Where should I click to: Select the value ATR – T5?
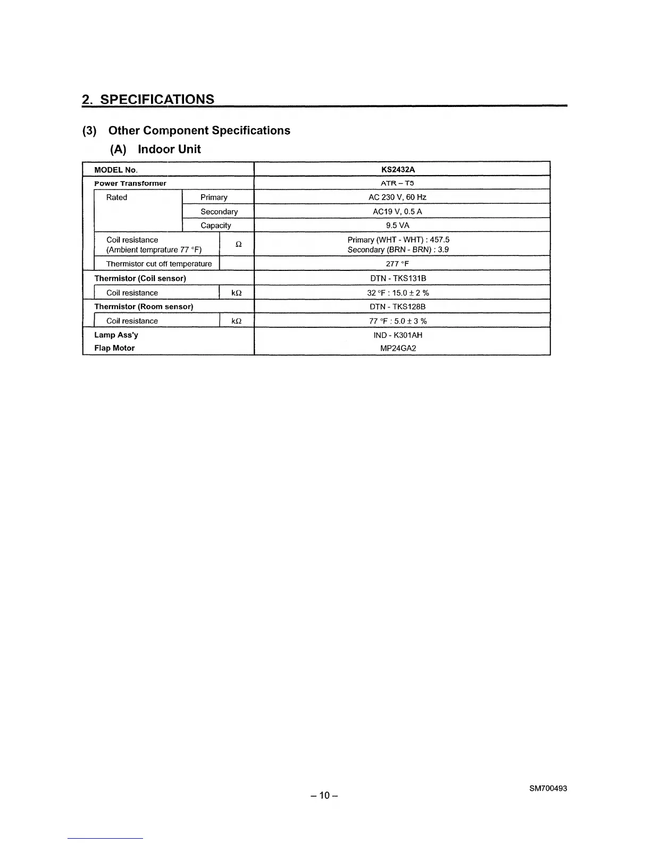(x=397, y=183)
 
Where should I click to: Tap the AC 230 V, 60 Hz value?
(x=397, y=197)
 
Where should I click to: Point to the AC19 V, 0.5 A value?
(x=397, y=211)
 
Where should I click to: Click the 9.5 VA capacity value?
(x=397, y=225)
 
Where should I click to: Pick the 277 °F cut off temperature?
(x=397, y=263)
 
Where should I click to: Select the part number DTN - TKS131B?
(x=398, y=278)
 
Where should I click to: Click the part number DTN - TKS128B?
(x=397, y=307)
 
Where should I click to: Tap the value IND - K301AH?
(x=398, y=335)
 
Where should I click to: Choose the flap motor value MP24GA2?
(x=398, y=349)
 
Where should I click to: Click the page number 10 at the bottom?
(x=324, y=796)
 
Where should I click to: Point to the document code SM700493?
(x=548, y=788)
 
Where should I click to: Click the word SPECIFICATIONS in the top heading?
(x=157, y=100)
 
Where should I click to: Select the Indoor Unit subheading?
(x=169, y=149)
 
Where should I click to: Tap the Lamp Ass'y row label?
(x=116, y=335)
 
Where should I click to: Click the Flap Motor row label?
(x=114, y=348)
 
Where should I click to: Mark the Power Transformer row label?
(x=130, y=184)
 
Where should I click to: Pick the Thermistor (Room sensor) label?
(x=144, y=307)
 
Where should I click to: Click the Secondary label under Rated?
(x=219, y=211)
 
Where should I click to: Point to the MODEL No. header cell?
(x=115, y=170)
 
